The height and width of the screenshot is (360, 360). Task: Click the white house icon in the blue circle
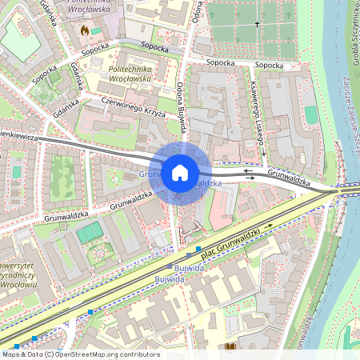(180, 172)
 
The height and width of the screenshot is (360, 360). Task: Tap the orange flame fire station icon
(84, 29)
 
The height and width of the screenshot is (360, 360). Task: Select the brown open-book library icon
(232, 346)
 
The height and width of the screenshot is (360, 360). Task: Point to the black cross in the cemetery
(257, 24)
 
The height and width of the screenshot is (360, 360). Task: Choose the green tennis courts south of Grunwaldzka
(90, 232)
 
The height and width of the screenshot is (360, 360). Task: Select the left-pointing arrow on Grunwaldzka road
(249, 170)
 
